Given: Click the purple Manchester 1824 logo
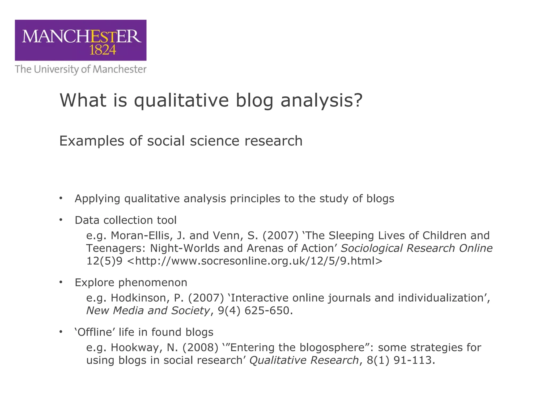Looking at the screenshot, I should coord(80,40).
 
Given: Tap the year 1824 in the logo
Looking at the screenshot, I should coord(103,50).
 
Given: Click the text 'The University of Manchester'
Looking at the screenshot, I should coord(80,69).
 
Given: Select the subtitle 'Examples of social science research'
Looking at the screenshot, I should coord(181,141).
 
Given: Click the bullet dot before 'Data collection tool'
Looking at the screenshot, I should coord(61,220).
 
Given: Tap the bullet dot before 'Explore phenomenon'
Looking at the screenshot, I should coord(61,282).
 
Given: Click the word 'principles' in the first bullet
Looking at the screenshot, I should coord(255,199).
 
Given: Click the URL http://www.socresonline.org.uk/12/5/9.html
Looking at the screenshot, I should coord(255,261).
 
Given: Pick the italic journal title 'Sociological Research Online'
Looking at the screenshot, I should coord(416,248).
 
